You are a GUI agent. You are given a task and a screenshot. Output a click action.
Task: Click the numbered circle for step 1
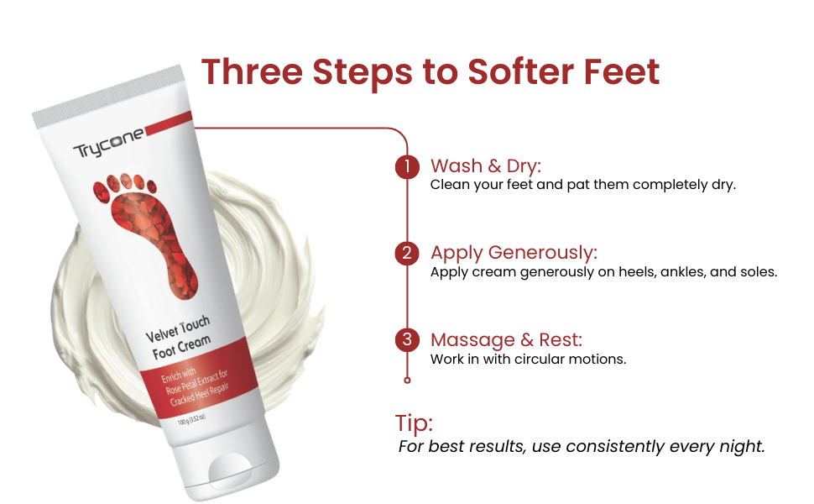[x=407, y=167]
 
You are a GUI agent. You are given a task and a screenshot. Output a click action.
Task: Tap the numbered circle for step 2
[x=407, y=254]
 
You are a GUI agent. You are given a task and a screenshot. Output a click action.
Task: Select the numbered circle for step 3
[x=407, y=340]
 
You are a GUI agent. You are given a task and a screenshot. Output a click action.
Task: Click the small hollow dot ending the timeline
[x=407, y=381]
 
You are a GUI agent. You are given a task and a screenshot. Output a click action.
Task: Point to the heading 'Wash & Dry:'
[x=485, y=165]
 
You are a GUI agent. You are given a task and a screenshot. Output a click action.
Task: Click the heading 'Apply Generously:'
[x=514, y=253]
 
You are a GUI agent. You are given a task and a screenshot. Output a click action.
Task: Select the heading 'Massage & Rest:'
[x=506, y=340]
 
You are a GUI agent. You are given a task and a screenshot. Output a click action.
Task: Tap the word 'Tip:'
[x=414, y=423]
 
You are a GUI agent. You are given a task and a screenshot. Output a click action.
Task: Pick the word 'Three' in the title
[x=252, y=71]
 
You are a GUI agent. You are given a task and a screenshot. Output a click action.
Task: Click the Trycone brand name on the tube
[x=108, y=144]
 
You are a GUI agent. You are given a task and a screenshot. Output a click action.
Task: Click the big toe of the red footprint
[x=102, y=192]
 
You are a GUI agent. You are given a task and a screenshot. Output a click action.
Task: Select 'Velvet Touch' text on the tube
[x=178, y=329]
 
